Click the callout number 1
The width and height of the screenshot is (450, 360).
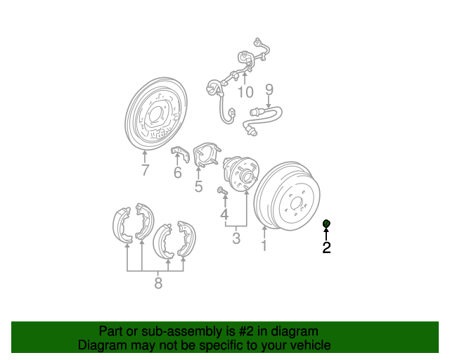[264, 245]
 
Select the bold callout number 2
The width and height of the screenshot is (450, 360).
[326, 247]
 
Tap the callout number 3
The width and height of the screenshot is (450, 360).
[236, 238]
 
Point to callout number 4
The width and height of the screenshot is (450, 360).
[224, 214]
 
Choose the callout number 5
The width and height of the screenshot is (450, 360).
[198, 186]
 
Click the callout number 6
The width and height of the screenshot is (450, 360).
[178, 172]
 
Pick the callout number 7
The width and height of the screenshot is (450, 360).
[146, 170]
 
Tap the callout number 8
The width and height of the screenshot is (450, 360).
[158, 283]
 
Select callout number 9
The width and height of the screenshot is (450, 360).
[269, 89]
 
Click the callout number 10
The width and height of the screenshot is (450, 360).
[245, 92]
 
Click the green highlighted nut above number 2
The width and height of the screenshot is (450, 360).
[326, 223]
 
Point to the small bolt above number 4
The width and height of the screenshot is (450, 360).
[222, 191]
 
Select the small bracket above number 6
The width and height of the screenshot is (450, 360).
[180, 154]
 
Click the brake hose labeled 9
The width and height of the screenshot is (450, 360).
[262, 119]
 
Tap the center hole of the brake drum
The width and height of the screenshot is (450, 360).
[295, 203]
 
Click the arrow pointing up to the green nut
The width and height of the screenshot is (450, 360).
[326, 233]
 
